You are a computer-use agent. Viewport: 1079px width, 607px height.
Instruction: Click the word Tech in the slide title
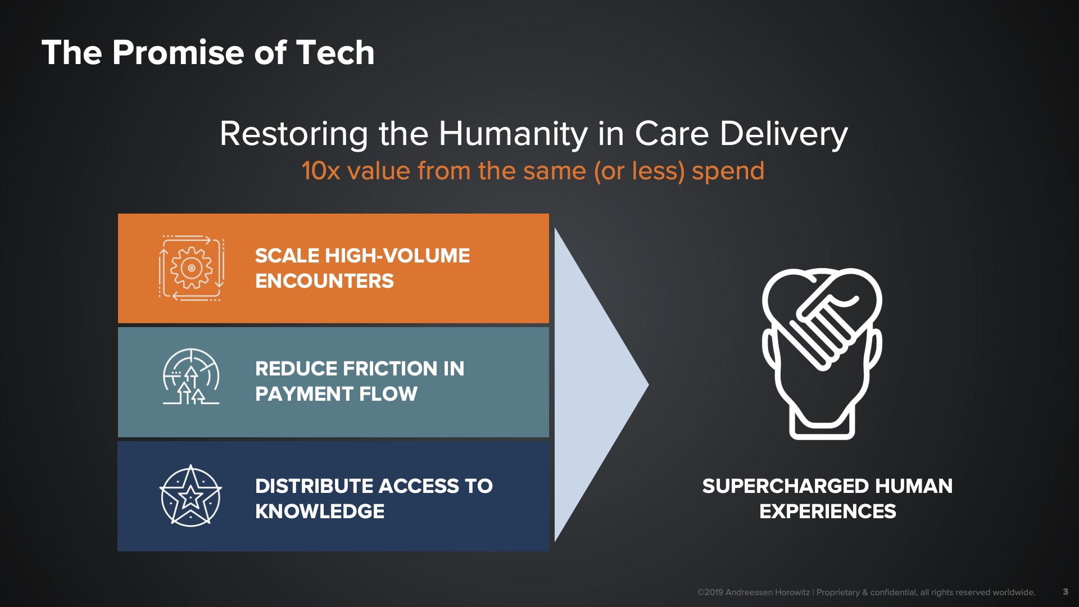pos(335,53)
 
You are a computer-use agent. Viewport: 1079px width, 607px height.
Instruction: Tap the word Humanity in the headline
pos(513,134)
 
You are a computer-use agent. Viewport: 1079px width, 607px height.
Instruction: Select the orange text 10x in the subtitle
pos(321,171)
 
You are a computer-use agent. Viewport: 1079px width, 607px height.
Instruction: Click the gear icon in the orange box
pos(192,268)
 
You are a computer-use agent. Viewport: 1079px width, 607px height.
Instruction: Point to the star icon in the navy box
pos(191,496)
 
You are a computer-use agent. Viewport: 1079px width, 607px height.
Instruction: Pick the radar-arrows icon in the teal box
pos(191,376)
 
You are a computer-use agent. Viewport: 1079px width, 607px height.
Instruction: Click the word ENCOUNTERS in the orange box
pos(325,281)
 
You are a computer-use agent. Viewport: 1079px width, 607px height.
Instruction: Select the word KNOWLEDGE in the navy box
pos(320,511)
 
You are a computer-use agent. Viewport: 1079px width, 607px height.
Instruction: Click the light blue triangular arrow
pos(596,385)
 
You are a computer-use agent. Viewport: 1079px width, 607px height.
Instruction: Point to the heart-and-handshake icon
pos(822,354)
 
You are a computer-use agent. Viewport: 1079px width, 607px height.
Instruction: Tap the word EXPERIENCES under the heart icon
pos(828,511)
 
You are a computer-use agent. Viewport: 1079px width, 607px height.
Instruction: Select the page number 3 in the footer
pos(1066,591)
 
